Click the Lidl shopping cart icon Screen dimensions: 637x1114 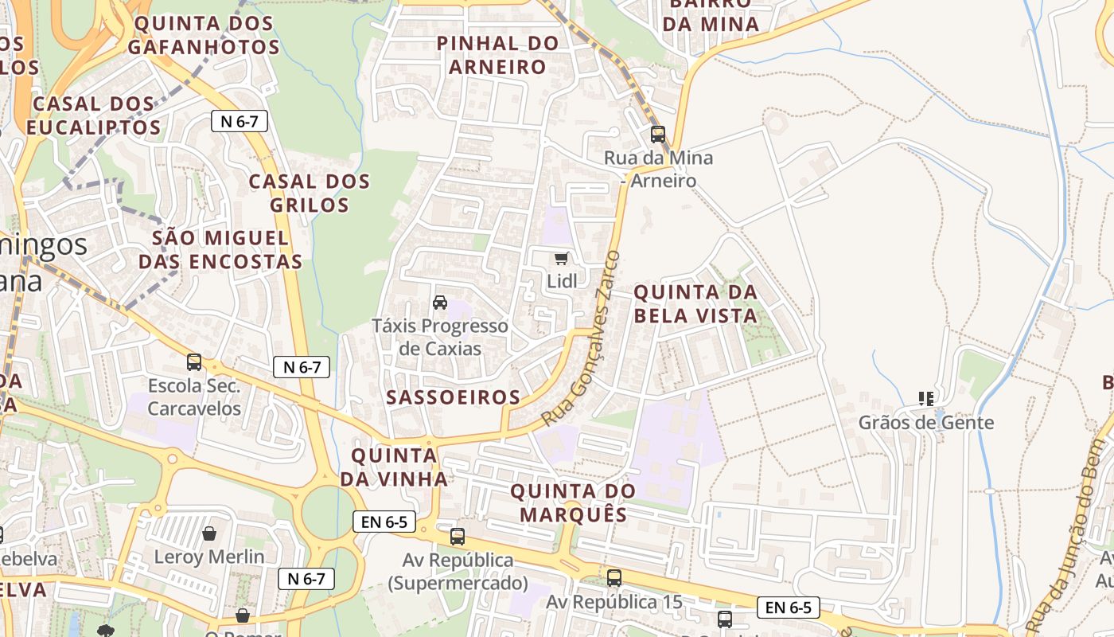562,258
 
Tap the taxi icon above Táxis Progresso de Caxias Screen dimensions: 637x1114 439,303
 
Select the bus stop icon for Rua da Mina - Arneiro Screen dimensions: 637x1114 657,134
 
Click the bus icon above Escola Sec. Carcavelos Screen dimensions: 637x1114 194,362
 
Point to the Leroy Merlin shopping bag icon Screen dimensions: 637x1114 209,533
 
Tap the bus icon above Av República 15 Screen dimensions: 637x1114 613,578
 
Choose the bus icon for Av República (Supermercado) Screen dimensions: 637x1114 457,536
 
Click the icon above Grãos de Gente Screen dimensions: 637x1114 925,398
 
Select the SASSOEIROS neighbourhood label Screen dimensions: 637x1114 453,397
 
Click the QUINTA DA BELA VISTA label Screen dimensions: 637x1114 695,304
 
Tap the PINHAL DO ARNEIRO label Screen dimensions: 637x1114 498,55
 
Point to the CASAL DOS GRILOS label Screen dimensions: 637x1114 310,193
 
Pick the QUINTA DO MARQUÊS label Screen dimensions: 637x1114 573,502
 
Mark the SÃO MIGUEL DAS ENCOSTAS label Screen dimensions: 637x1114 220,249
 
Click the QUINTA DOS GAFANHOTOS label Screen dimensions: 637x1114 204,35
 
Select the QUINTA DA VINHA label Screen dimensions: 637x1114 394,467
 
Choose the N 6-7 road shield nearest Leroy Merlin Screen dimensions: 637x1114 306,579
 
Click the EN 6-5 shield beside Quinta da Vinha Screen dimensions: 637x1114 384,522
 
